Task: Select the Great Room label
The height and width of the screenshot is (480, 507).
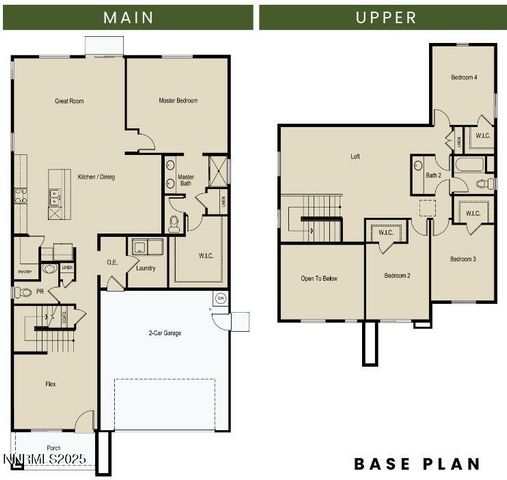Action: (68, 101)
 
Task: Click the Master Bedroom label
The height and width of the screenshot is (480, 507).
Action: (178, 100)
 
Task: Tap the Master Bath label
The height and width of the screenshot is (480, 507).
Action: (186, 180)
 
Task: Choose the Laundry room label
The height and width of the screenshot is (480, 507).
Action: (146, 268)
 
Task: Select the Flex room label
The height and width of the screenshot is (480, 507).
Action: (50, 383)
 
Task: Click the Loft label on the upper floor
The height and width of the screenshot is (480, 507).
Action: (354, 156)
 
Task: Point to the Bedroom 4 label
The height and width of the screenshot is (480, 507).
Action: (463, 77)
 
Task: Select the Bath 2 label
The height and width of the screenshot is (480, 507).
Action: (433, 175)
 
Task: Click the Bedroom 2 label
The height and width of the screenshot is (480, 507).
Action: (397, 275)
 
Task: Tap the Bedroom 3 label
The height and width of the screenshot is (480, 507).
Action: (461, 259)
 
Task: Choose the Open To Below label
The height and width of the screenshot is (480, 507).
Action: (319, 278)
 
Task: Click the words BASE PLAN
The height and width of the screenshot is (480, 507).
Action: (417, 464)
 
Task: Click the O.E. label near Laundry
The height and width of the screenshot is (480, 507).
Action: (112, 263)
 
